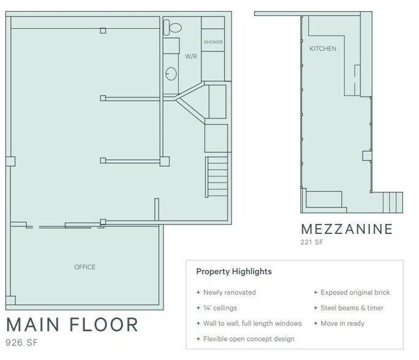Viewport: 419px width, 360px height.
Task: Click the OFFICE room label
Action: tap(85, 267)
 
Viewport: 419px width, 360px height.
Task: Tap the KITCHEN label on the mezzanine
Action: tap(322, 48)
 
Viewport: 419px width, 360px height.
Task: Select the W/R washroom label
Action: tap(191, 56)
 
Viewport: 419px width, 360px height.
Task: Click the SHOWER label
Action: tap(213, 42)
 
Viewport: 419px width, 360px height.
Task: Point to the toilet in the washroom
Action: tap(173, 27)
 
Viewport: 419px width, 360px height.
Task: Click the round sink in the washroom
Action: tap(172, 74)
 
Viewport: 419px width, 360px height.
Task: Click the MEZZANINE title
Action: tap(346, 230)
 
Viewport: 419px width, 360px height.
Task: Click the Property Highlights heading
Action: tap(233, 271)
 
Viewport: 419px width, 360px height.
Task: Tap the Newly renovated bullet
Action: tap(226, 293)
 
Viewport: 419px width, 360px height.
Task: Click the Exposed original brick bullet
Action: tap(352, 293)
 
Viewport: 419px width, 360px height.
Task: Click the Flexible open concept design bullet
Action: tap(245, 339)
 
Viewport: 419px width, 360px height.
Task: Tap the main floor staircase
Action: tap(217, 175)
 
